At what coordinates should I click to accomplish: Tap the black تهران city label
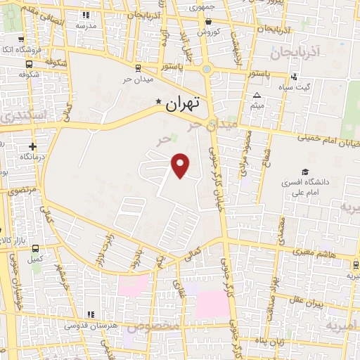click(183, 103)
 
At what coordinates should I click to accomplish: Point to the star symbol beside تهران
click(159, 102)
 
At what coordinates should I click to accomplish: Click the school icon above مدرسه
click(86, 14)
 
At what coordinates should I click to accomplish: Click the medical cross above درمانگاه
click(32, 146)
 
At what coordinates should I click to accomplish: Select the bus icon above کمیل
click(36, 248)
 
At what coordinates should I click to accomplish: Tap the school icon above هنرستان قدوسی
click(89, 314)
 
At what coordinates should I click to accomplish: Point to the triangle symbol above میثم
click(257, 96)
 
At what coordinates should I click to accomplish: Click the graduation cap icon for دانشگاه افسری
click(305, 172)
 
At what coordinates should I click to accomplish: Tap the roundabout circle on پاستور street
click(207, 69)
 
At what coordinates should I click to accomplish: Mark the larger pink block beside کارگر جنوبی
click(212, 304)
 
